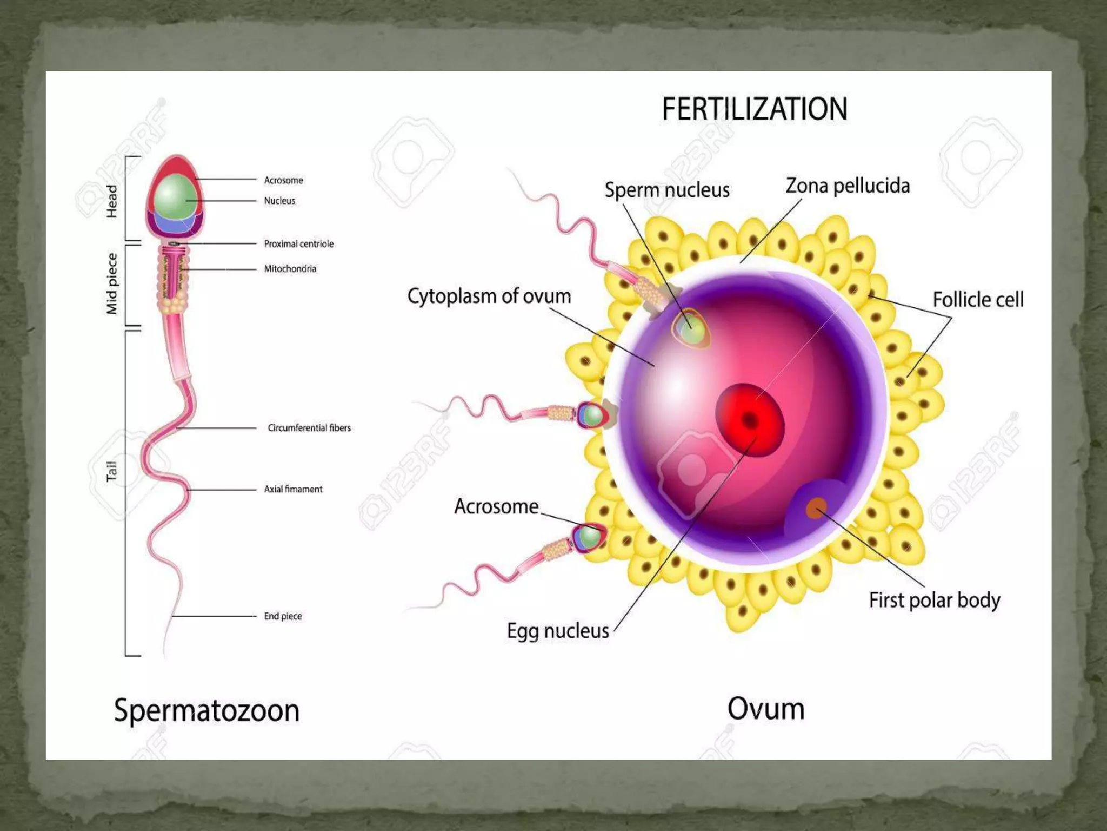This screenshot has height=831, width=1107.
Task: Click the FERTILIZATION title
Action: [755, 109]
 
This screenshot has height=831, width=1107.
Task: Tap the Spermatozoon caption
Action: [206, 710]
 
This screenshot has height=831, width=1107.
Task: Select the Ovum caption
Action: [766, 709]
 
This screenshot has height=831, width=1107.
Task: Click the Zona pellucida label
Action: [848, 186]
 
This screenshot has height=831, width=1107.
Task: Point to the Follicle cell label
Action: [978, 300]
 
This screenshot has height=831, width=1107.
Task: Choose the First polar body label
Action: [935, 601]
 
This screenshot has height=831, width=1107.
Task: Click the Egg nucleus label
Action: [558, 631]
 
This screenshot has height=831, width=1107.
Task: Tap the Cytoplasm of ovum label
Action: [489, 296]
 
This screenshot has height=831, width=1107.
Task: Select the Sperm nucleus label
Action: [667, 190]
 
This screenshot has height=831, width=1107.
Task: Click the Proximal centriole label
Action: [298, 244]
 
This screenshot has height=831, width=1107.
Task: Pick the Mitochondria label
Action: [290, 269]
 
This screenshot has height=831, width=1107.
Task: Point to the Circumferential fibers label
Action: [309, 428]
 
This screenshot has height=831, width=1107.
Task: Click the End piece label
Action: [283, 616]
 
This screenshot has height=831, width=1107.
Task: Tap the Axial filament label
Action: [293, 489]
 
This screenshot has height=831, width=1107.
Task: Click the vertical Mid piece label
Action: [112, 284]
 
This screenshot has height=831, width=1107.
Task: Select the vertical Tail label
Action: [112, 471]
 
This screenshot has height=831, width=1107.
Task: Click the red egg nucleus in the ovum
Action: [750, 420]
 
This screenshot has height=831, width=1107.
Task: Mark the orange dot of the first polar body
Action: [816, 509]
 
